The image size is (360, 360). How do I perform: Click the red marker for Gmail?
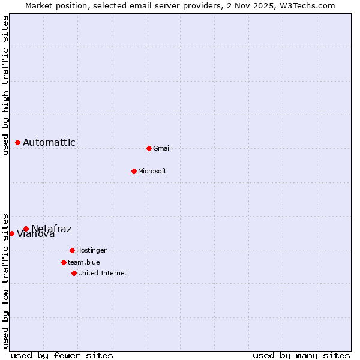[149, 148]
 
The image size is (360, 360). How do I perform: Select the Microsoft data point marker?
[134, 171]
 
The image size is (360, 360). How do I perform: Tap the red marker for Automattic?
[18, 142]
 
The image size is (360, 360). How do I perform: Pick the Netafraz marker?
[26, 229]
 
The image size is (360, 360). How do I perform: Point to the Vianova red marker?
[11, 233]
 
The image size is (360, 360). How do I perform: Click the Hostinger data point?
[72, 250]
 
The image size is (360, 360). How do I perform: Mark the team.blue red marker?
[64, 262]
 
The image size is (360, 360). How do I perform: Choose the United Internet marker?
[74, 273]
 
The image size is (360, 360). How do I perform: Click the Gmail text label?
[162, 148]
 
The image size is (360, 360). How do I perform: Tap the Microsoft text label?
[152, 171]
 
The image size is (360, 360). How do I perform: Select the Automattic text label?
[49, 142]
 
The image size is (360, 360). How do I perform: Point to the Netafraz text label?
[52, 228]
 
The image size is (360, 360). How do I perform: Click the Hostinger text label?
[91, 250]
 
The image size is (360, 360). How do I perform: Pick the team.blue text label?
[84, 262]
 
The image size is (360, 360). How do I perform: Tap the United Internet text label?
[103, 273]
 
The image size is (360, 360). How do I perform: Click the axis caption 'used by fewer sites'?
[62, 355]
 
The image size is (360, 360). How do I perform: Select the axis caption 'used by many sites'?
[301, 355]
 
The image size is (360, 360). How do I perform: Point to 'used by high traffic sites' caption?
[5, 85]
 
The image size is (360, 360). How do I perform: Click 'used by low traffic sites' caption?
[5, 280]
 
